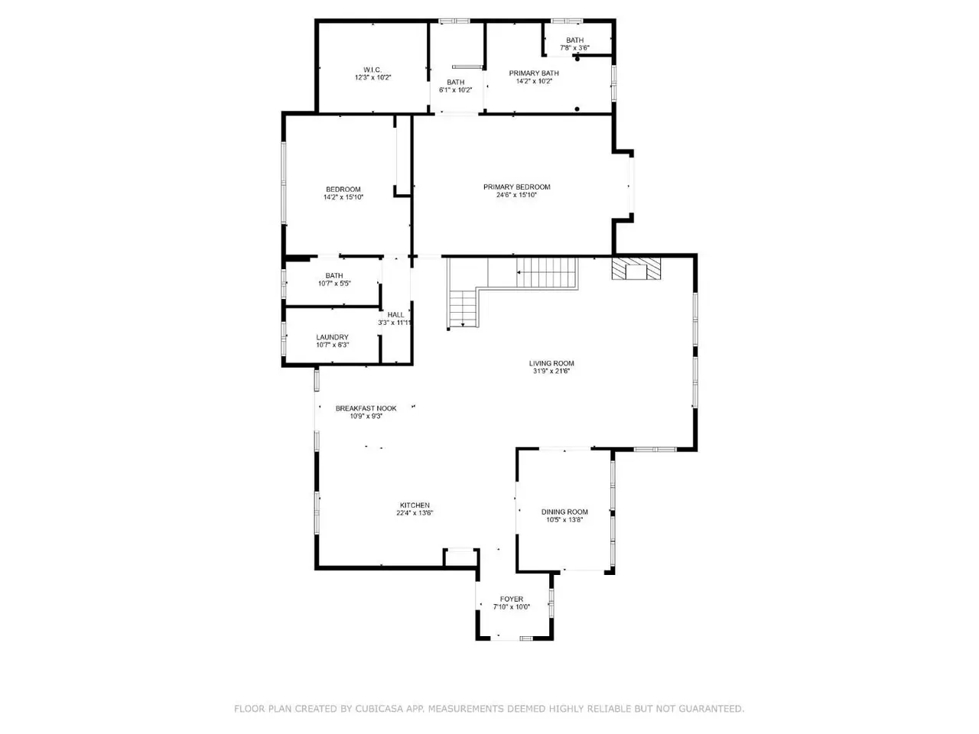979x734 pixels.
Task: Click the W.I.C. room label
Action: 372,70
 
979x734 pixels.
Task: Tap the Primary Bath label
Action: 533,73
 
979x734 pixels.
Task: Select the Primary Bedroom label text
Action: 516,187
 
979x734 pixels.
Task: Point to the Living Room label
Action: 551,363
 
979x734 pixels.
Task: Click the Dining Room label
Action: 564,512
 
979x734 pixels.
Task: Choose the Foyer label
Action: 511,599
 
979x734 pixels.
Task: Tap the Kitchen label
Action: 415,505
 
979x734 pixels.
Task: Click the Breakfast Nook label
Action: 366,408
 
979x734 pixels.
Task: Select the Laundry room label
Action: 332,337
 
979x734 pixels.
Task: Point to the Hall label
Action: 395,315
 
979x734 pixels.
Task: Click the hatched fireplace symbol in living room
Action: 636,268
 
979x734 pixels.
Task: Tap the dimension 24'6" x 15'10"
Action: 516,195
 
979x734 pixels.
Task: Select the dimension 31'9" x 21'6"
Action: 551,371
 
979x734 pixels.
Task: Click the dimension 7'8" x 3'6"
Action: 574,47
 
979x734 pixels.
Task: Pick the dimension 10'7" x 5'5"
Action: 334,284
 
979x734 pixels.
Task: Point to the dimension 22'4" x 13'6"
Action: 415,513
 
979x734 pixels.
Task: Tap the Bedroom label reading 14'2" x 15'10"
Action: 343,193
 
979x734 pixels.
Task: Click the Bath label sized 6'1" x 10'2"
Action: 455,86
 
